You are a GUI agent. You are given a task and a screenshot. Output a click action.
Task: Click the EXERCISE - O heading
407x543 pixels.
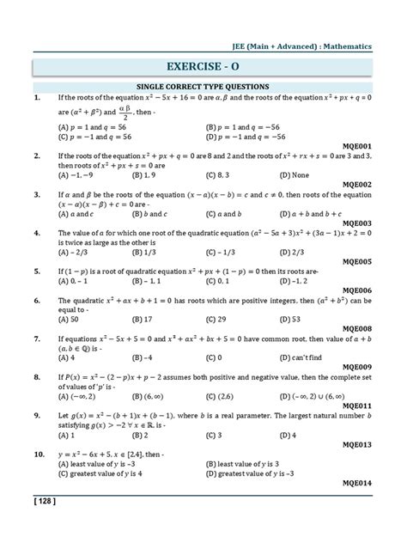tap(204, 64)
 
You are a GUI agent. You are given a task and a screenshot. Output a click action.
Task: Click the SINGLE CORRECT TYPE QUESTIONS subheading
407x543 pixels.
tap(203, 87)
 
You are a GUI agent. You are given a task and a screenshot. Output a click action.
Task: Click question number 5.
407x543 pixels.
tap(37, 271)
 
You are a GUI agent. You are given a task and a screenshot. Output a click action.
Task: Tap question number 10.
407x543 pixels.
tap(39, 452)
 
